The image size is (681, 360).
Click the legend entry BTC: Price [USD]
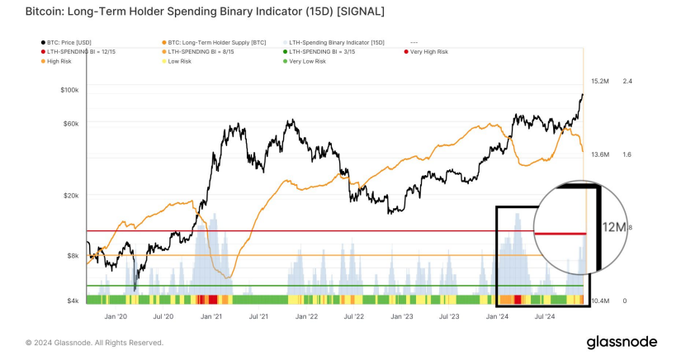point(68,42)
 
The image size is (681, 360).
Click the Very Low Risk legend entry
point(313,62)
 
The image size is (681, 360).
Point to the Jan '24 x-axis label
point(497,316)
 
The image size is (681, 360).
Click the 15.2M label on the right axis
point(600,81)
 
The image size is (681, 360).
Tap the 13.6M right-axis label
point(600,154)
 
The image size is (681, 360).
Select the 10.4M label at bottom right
point(600,301)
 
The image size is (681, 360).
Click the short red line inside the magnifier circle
point(560,234)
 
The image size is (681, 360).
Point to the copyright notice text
point(94,342)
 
